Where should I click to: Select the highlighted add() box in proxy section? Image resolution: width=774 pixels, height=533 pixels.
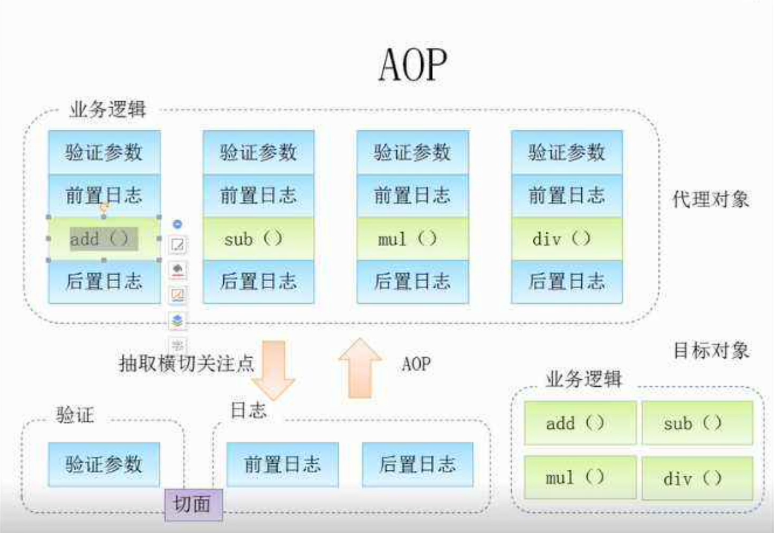[x=104, y=239]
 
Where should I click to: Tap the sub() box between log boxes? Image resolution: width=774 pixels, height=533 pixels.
[x=258, y=239]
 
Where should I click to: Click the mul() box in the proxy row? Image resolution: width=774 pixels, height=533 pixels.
[x=413, y=239]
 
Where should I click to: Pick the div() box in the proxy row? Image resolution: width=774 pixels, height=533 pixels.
[x=567, y=239]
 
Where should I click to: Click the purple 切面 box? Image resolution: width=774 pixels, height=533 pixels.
[x=194, y=504]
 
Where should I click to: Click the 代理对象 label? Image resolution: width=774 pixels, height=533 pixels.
[x=711, y=199]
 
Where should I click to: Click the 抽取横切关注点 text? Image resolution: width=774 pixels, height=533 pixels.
[x=186, y=363]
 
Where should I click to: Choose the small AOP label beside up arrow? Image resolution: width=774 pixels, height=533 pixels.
[x=416, y=364]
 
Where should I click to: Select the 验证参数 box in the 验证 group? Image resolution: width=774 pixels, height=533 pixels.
[x=104, y=464]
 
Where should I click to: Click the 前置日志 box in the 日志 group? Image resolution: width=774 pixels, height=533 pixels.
[x=283, y=464]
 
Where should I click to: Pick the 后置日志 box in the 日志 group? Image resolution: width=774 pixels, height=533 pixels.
[x=418, y=464]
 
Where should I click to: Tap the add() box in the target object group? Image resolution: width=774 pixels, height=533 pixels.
[x=580, y=423]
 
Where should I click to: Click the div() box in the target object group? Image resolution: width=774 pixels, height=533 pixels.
[x=697, y=478]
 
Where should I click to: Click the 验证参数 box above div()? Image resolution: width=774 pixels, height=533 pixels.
[x=567, y=152]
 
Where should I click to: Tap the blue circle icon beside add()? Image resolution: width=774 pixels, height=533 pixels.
[x=177, y=224]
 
